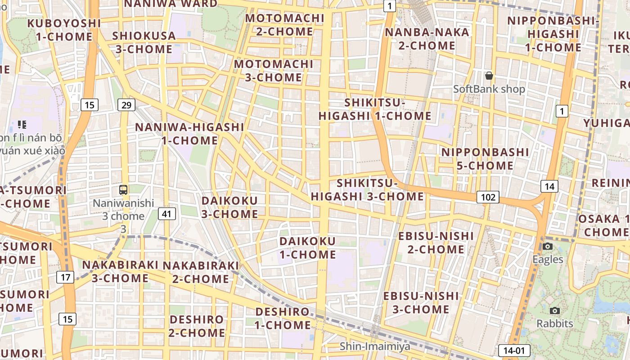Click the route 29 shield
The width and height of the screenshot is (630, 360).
(126, 105)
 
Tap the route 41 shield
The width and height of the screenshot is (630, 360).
(166, 214)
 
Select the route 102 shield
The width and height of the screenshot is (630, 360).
(488, 197)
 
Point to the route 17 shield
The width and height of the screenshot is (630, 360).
(65, 277)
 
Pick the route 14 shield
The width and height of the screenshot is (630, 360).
(549, 186)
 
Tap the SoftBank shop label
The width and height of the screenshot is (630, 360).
(489, 89)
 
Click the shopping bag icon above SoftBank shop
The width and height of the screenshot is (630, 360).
(489, 76)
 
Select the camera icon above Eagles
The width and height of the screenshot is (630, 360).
(548, 246)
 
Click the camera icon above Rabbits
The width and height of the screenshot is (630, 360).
(555, 310)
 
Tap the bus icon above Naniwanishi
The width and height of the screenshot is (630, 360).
(123, 190)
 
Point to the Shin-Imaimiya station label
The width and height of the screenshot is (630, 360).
(375, 346)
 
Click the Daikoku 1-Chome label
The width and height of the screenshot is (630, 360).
(308, 248)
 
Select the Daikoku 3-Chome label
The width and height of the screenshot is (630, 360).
(229, 207)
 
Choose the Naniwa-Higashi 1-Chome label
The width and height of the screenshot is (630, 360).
(189, 134)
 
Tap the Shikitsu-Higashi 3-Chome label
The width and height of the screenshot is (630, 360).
(367, 190)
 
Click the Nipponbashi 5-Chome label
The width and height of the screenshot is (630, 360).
(485, 159)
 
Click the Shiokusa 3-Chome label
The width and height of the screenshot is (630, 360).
(144, 42)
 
